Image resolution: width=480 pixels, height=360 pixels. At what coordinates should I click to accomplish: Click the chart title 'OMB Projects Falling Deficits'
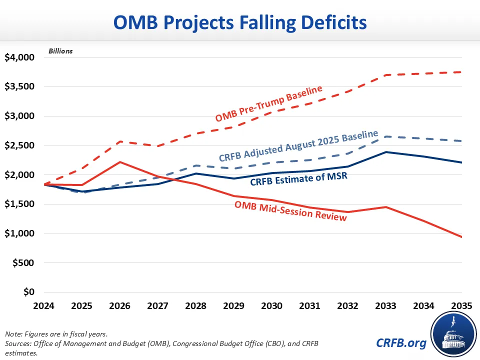point(240,22)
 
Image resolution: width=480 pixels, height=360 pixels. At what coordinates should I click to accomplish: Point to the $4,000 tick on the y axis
point(19,57)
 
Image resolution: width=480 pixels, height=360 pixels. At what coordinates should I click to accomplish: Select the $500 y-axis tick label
point(23,263)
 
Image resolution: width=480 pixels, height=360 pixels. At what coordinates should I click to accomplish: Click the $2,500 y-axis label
point(19,145)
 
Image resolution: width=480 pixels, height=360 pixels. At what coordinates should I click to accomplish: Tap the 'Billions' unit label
point(60,51)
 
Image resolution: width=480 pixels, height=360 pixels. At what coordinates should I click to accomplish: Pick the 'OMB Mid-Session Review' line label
point(290,210)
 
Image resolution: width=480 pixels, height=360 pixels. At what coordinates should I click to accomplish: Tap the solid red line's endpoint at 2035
point(461,237)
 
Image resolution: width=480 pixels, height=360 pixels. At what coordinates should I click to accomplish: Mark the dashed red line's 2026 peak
point(119,141)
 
